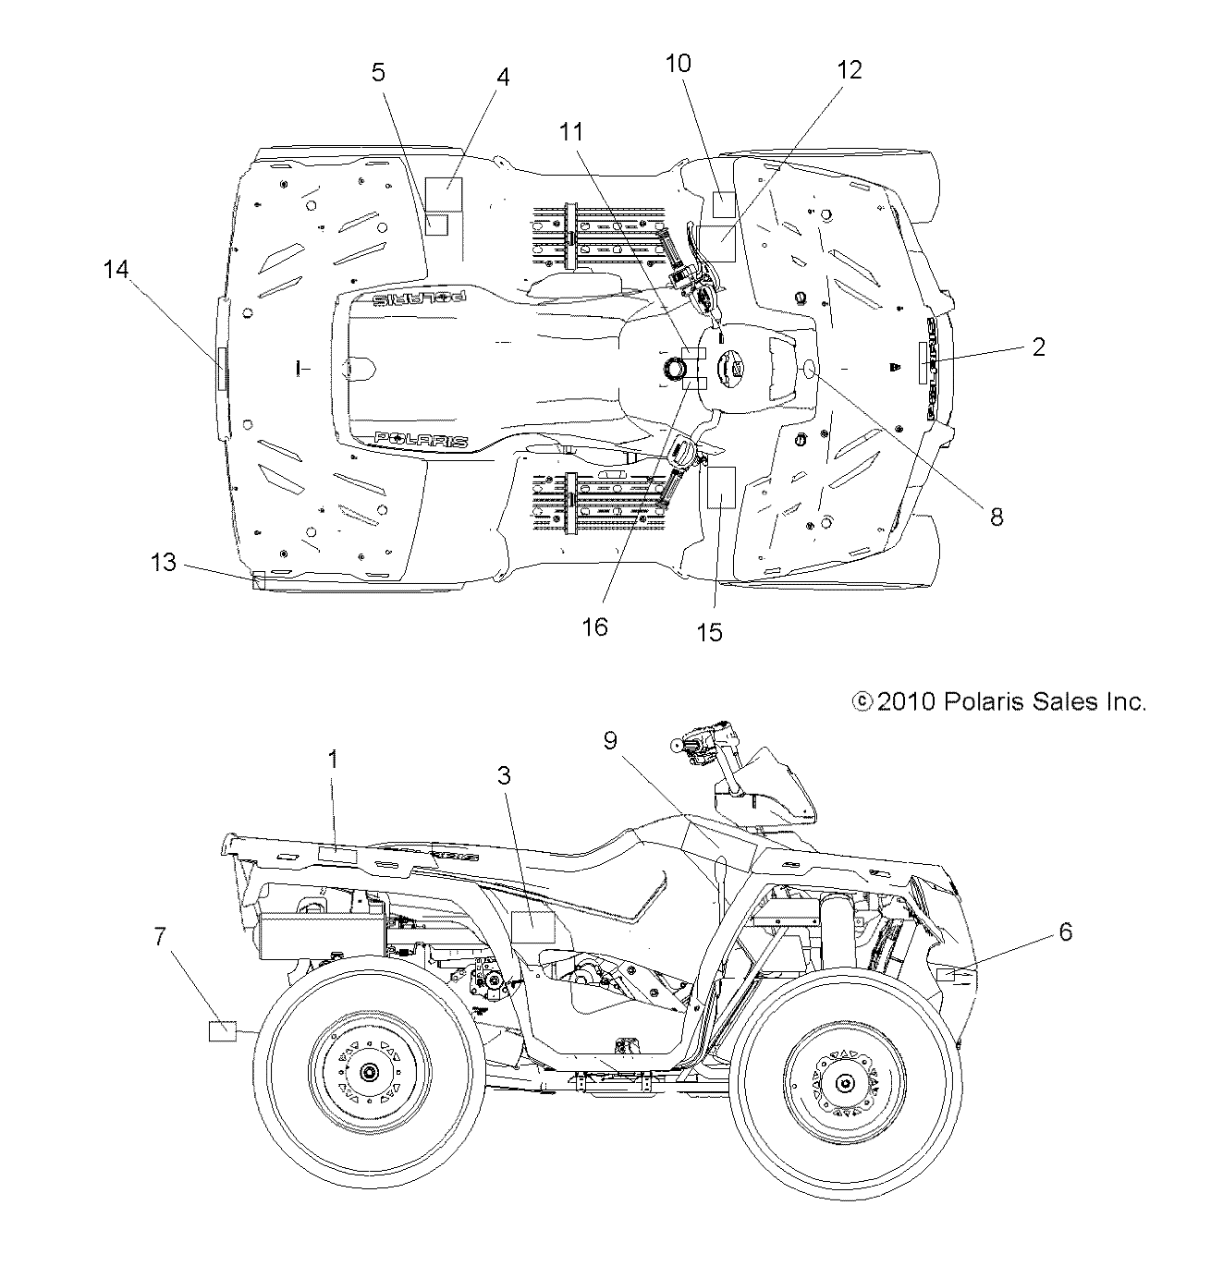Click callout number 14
[x=117, y=269]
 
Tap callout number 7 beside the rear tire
[x=159, y=937]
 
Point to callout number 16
[x=595, y=627]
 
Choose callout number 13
[x=163, y=562]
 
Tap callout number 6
[x=1066, y=932]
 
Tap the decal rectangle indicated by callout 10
[x=723, y=202]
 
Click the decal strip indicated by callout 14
[x=222, y=370]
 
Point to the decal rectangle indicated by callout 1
[x=337, y=854]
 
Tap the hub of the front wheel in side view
[x=844, y=1082]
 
